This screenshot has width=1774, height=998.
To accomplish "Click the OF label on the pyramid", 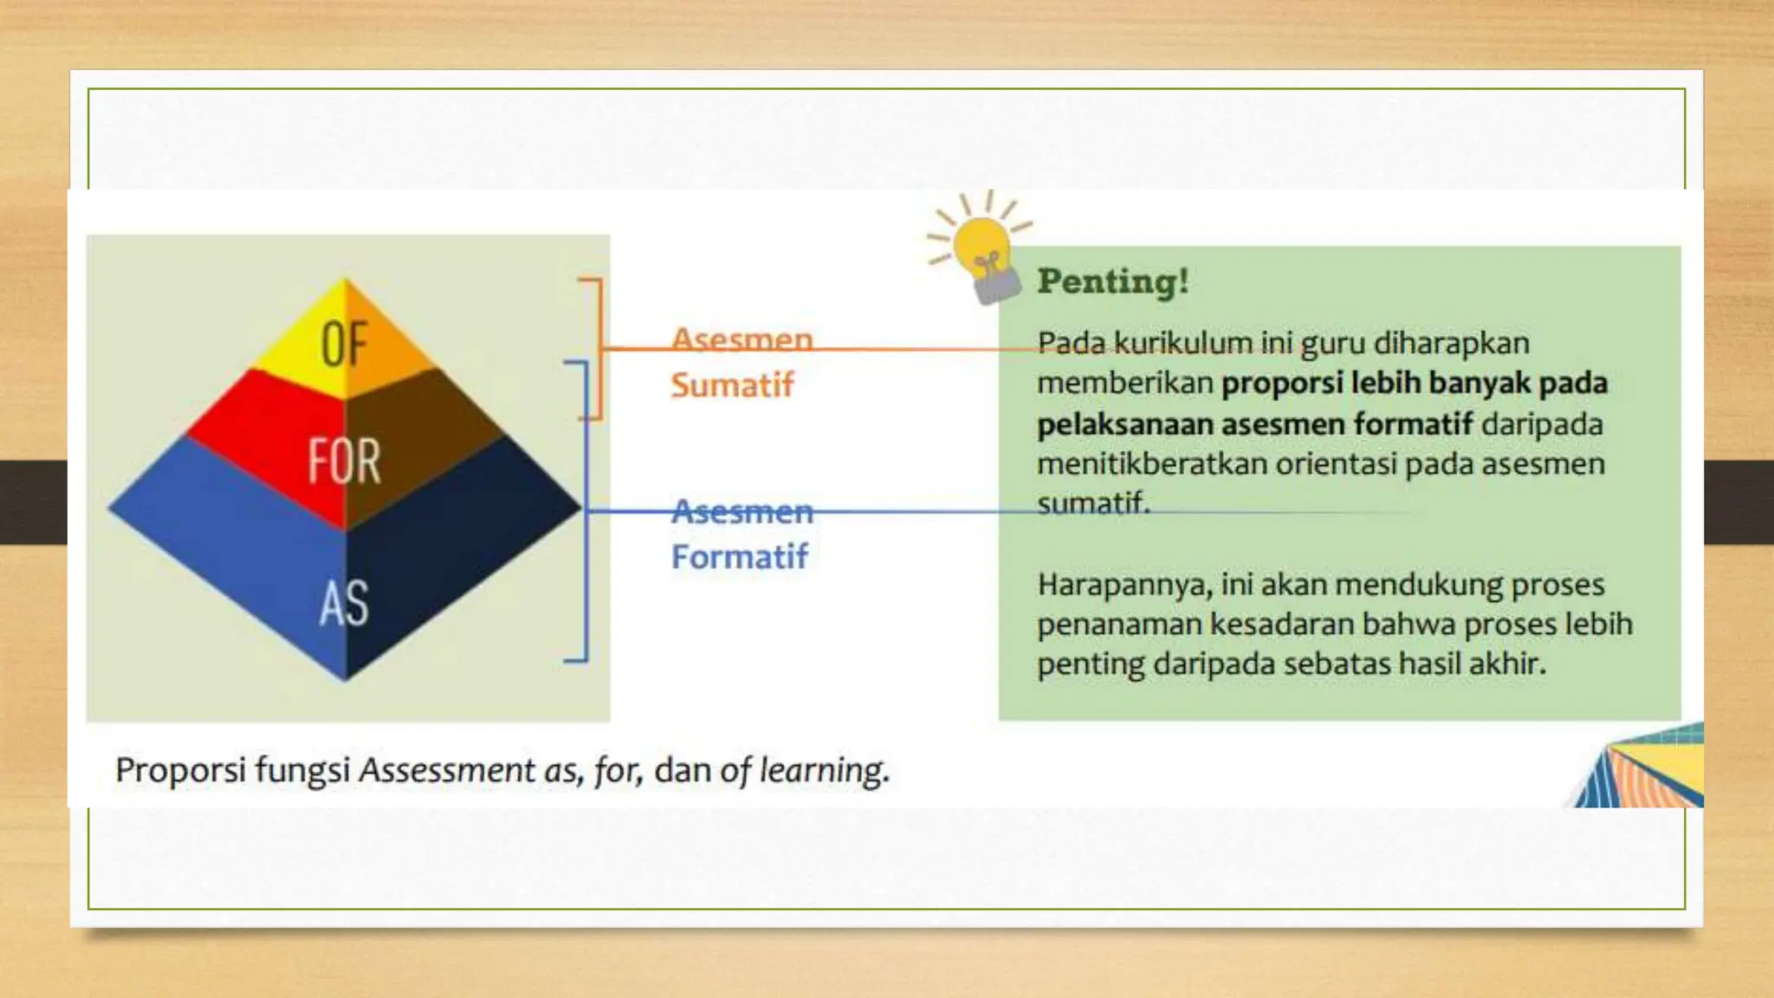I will coord(344,344).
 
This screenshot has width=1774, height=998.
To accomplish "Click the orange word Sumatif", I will coord(732,386).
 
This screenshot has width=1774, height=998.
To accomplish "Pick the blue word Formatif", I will coord(739,556).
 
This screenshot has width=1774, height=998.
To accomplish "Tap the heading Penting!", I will coord(1113,282).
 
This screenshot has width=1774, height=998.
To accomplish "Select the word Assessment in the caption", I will coord(447,769).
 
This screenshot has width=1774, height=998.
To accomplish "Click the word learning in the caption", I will coord(823,769).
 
